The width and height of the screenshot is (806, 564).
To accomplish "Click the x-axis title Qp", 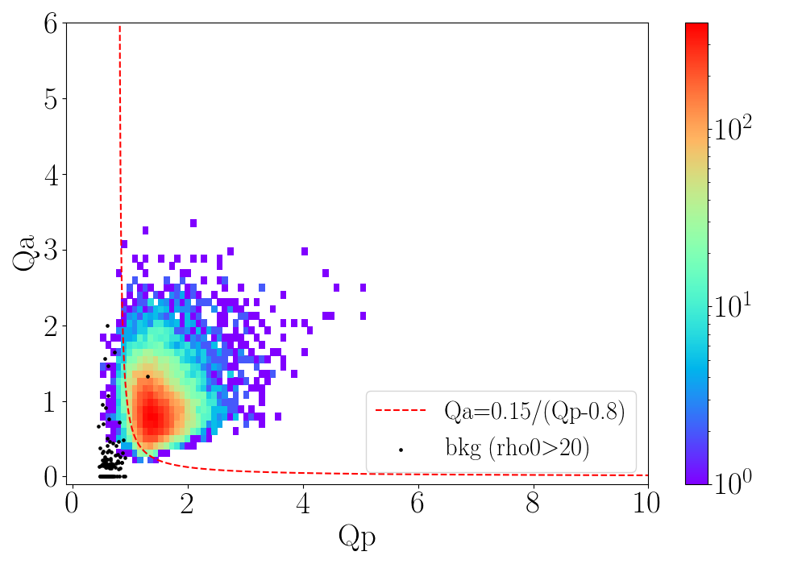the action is coord(357,537).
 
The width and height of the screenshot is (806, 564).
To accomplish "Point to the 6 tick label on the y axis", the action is coord(50,23).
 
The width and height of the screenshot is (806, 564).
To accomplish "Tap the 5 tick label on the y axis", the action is coord(50,98).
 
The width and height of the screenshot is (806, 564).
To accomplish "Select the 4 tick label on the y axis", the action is coord(50,175).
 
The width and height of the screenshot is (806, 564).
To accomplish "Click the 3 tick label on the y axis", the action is coord(50,250).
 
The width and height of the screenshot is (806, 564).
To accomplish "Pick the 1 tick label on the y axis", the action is coord(50,402).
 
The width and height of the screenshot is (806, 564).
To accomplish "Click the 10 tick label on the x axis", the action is coord(646,504).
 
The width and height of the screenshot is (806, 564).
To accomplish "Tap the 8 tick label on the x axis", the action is coord(533,504).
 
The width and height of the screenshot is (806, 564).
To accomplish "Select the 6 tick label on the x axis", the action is coord(418,504).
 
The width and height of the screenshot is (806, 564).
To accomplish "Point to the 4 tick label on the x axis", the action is coord(303,504).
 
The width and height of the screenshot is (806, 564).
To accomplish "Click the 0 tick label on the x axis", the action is coord(72,504).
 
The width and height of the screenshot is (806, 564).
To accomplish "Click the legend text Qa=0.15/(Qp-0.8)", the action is coord(534,411).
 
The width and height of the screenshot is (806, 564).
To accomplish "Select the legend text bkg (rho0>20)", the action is coord(517,448).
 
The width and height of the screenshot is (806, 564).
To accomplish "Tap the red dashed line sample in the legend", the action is coord(401,410).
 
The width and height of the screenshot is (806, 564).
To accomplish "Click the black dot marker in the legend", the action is coord(401,450).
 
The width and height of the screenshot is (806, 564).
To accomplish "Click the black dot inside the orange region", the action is coord(147,376).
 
